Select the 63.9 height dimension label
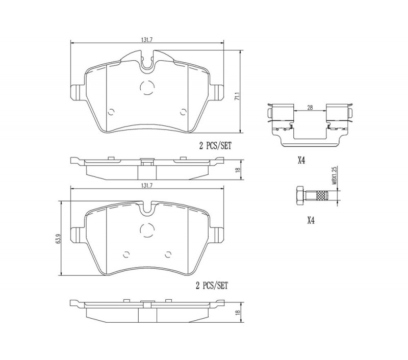(58, 239)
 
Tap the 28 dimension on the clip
(310, 107)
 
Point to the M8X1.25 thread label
(335, 175)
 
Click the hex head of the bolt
(300, 195)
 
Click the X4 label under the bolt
(311, 221)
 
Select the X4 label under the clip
(301, 161)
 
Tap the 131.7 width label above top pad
(147, 40)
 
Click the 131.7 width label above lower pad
(147, 186)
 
